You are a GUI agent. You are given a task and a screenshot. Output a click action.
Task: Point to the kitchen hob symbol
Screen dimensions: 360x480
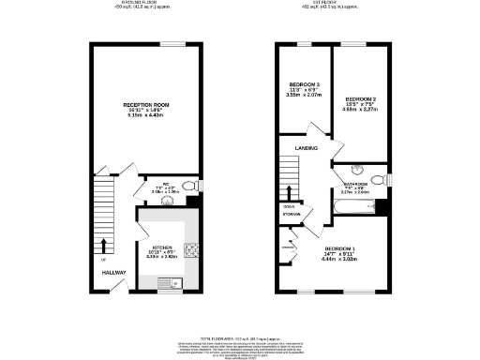pyautogui.click(x=190, y=250)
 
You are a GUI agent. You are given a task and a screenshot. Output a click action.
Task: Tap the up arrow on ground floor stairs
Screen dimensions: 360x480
pyautogui.click(x=103, y=247)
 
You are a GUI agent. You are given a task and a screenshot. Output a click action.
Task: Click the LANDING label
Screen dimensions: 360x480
pyautogui.click(x=307, y=148)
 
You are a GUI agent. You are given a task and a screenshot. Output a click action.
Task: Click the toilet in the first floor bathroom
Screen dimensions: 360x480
pyautogui.click(x=379, y=178)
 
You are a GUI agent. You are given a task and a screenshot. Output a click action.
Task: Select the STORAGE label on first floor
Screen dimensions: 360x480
pyautogui.click(x=292, y=215)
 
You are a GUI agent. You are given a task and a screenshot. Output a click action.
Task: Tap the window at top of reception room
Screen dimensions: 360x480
pyautogui.click(x=172, y=44)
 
